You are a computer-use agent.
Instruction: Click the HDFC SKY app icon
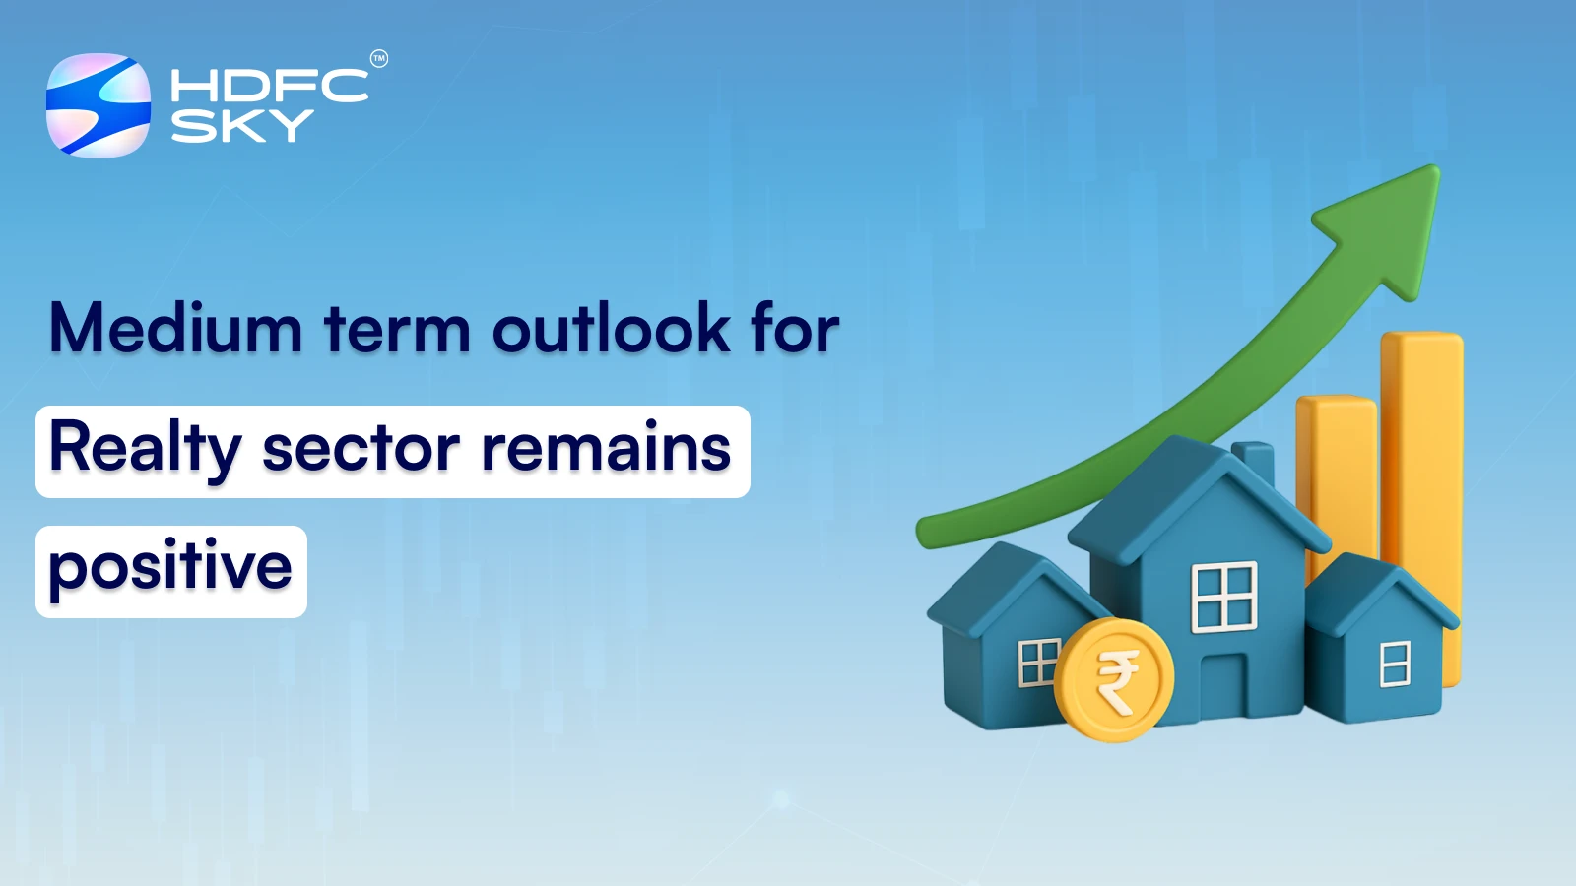coord(98,105)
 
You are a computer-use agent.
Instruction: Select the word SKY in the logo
coord(241,126)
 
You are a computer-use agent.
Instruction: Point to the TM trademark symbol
coord(379,59)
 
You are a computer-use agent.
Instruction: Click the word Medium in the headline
coord(175,329)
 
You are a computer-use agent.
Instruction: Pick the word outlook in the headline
coord(611,329)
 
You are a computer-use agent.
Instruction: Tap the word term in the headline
coord(397,331)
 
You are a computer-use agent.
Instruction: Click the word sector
coord(361,449)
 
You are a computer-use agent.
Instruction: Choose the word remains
coord(606,449)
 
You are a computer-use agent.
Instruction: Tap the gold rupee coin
coord(1114,679)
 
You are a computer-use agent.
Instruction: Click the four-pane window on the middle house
coord(1224,596)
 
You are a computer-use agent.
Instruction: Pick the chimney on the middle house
coord(1254,464)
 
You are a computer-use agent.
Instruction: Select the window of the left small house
coord(1038,662)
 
